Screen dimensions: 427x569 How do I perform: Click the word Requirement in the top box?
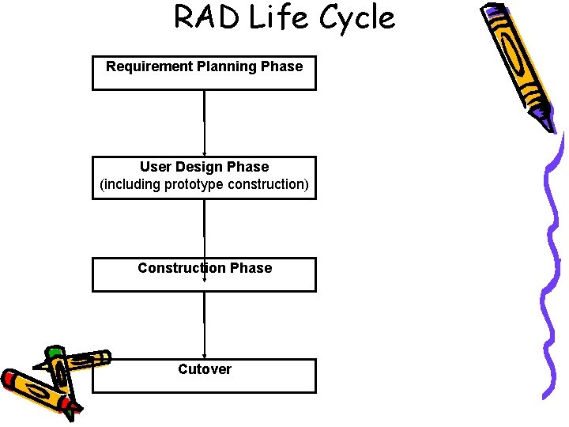tap(145, 66)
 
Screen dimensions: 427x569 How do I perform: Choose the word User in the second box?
tap(156, 167)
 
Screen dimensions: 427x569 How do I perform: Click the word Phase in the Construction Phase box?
tap(251, 268)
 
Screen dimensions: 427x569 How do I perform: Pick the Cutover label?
tap(205, 369)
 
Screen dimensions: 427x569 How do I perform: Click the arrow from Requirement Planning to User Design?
tap(205, 123)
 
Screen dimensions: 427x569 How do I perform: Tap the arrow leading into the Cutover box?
tap(205, 324)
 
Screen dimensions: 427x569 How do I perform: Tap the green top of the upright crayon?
tap(54, 353)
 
